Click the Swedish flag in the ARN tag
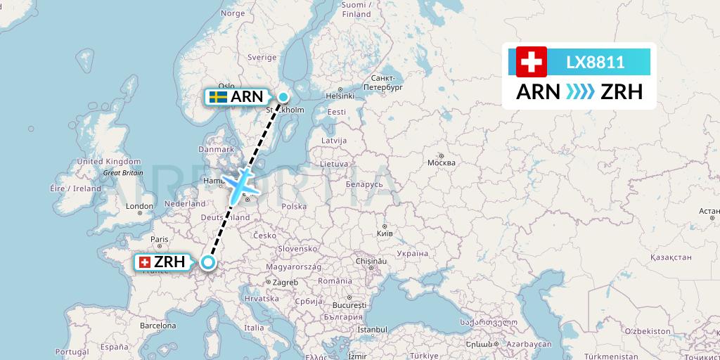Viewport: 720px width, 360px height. coord(217,97)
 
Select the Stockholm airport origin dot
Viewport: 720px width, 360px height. coord(283,98)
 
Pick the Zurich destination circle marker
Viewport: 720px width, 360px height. coord(208,263)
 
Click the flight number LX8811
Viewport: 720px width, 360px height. coord(595,62)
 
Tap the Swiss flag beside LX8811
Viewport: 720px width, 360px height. coord(531,62)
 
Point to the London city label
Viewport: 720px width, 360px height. coord(140,207)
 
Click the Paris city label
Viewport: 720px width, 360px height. coord(160,239)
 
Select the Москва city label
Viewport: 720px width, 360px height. coord(442,162)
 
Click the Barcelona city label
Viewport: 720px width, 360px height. coord(157,326)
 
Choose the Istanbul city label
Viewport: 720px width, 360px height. coord(372,328)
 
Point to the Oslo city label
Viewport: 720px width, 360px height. coord(226,86)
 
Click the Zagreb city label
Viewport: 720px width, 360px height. coord(285,282)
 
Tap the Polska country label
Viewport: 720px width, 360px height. coord(293,206)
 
